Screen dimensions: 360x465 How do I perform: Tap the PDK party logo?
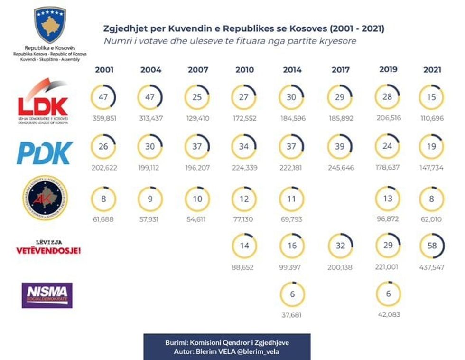pyautogui.click(x=45, y=152)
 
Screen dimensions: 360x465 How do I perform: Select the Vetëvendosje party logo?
pyautogui.click(x=48, y=247)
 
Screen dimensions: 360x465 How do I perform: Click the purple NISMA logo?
pyautogui.click(x=47, y=295)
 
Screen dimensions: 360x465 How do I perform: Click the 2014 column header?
pyautogui.click(x=292, y=70)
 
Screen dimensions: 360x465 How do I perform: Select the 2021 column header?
pyautogui.click(x=432, y=70)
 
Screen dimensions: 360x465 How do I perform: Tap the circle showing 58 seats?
pyautogui.click(x=431, y=246)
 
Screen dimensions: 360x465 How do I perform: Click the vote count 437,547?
pyautogui.click(x=431, y=267)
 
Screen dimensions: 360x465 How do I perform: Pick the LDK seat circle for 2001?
pyautogui.click(x=103, y=97)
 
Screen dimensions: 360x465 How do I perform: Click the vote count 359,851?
pyautogui.click(x=103, y=118)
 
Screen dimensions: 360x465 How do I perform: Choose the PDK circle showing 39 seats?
pyautogui.click(x=340, y=147)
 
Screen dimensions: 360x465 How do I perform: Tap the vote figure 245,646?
pyautogui.click(x=340, y=168)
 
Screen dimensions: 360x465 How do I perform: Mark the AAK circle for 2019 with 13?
pyautogui.click(x=388, y=198)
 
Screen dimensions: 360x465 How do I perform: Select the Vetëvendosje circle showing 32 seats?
pyautogui.click(x=340, y=246)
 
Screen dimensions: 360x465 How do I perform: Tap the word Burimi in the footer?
pyautogui.click(x=176, y=342)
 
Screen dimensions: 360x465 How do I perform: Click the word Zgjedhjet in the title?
pyautogui.click(x=122, y=29)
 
